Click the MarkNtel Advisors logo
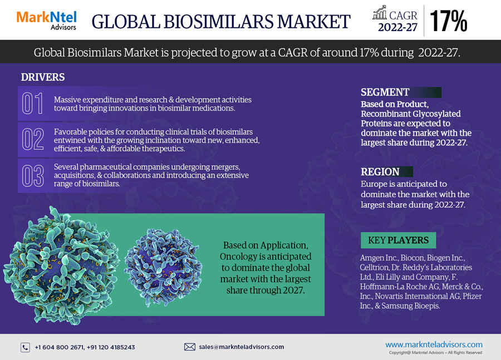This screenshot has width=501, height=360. tap(46, 21)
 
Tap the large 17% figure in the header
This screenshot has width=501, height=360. tap(449, 21)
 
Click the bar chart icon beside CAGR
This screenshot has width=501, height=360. tap(380, 12)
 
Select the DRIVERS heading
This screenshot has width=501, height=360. tap(43, 77)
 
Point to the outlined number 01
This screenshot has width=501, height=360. tap(32, 103)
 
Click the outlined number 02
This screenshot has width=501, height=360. tap(33, 139)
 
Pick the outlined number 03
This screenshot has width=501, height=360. tap(33, 176)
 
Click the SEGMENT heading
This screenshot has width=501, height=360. tap(385, 92)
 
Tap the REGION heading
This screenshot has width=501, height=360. tap(380, 172)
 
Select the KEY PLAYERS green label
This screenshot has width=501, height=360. tap(398, 240)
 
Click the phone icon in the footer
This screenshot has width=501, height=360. tap(25, 347)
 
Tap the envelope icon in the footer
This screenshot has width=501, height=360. tap(190, 347)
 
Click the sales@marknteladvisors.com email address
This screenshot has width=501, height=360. tap(241, 347)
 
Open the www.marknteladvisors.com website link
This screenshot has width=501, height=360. tap(434, 344)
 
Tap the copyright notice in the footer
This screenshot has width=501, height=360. tap(435, 353)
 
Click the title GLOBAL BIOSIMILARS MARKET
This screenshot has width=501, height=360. tap(221, 22)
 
